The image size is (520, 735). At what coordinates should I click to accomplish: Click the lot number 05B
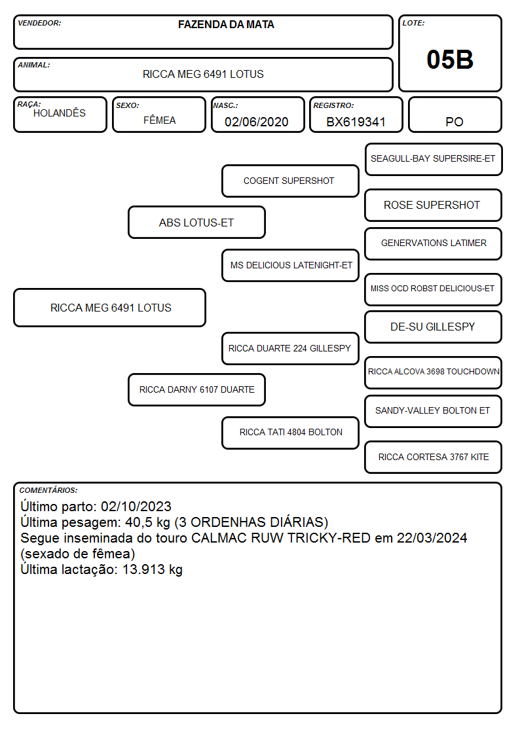pos(450,60)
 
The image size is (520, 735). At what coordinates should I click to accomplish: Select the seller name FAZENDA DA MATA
pos(226,24)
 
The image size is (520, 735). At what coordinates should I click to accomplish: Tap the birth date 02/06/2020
pos(257,122)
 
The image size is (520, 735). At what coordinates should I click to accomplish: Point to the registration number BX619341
pos(356,122)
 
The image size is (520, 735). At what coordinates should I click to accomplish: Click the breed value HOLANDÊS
pos(60,113)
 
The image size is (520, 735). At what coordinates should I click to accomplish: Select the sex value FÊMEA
pos(159,120)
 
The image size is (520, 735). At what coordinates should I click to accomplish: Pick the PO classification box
pos(455,115)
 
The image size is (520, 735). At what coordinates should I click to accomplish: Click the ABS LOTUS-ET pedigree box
pos(196,223)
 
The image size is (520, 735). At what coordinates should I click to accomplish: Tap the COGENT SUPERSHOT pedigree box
pos(290,181)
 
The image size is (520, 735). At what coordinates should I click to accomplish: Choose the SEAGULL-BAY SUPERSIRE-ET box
pos(434,160)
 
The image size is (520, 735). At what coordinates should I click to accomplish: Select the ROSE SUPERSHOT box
pos(434,206)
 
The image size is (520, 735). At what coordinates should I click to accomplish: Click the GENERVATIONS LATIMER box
pos(434,243)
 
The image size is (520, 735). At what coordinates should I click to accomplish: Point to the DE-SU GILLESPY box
pos(434,327)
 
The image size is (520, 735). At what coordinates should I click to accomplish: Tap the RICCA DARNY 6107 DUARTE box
pos(196,390)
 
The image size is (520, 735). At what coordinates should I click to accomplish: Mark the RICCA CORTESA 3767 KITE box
pos(434,457)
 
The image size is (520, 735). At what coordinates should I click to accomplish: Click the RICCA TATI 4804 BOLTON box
pos(290,433)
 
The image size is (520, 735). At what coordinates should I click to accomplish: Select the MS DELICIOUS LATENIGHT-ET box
pos(290,265)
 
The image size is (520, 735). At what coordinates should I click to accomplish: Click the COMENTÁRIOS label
pos(48,490)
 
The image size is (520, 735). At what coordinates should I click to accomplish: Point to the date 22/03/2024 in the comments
pos(432,537)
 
